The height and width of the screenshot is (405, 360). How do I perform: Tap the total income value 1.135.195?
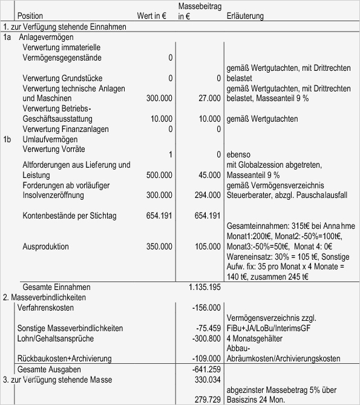point(205,287)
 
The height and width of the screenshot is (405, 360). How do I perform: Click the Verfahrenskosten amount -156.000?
point(207,308)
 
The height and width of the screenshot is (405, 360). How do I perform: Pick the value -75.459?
point(209,328)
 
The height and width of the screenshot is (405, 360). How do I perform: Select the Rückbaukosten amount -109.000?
point(207,358)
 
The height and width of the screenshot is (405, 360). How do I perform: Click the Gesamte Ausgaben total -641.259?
point(207,369)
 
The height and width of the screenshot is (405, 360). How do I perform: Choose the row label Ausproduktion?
point(45,247)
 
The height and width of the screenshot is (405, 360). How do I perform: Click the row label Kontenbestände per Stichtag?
point(70,216)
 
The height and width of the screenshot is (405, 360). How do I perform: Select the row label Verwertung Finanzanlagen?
point(65,129)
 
